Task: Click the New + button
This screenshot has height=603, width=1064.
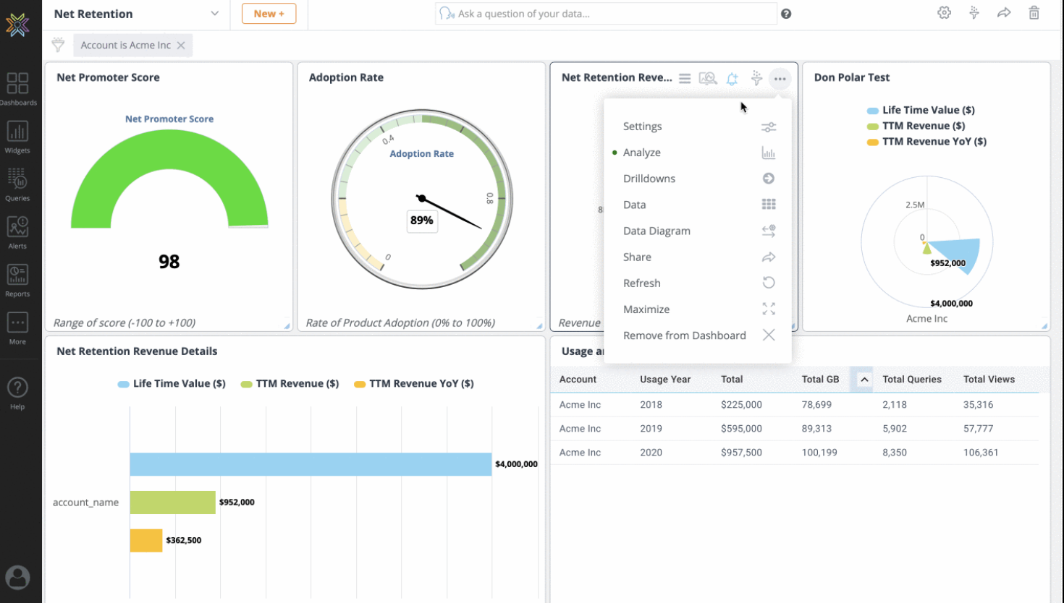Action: coord(269,14)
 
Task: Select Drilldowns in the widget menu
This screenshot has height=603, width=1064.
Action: coord(649,179)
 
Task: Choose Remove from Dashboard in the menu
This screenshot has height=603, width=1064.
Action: coord(685,335)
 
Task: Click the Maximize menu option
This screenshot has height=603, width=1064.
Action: coord(646,309)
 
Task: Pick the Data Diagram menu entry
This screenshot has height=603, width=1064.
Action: coord(656,231)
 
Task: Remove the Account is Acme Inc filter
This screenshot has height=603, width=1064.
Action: coord(181,45)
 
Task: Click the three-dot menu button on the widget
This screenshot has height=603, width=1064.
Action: coord(780,79)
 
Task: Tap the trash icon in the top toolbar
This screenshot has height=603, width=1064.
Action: coord(1034,13)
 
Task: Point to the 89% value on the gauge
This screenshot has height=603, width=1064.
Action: coord(422,220)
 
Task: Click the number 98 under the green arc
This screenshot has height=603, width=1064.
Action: coord(169,262)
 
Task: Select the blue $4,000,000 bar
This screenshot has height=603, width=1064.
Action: coord(311,464)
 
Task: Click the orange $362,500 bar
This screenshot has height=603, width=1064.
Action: coord(146,540)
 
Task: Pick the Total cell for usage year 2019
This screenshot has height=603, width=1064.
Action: coord(741,429)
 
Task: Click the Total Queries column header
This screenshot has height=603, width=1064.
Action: coord(911,379)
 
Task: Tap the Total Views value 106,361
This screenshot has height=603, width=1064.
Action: coord(980,452)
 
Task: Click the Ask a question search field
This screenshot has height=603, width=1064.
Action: coord(606,14)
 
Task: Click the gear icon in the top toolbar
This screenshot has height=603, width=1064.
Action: coord(944,13)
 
